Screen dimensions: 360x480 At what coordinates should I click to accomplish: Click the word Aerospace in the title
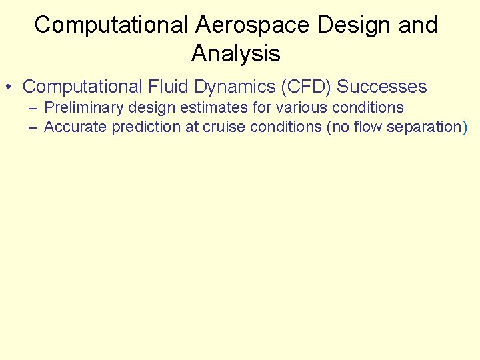pyautogui.click(x=253, y=25)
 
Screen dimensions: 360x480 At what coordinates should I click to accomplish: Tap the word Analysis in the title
pyautogui.click(x=236, y=53)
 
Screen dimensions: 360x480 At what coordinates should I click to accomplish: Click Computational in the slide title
pyautogui.click(x=112, y=25)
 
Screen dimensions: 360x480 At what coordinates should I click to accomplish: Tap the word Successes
pyautogui.click(x=382, y=87)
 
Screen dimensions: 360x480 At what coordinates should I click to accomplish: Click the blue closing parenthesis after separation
pyautogui.click(x=464, y=127)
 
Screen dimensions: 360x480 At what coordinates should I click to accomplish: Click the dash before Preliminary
pyautogui.click(x=33, y=107)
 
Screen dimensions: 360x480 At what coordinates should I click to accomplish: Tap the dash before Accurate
pyautogui.click(x=33, y=127)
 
